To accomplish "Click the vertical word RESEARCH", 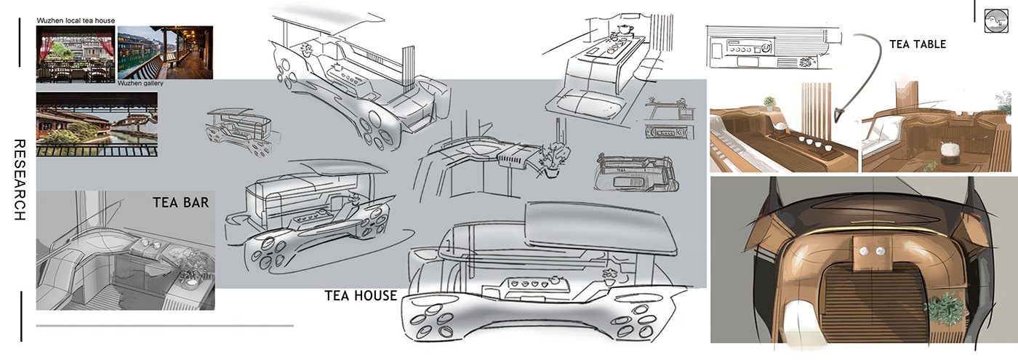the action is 20,180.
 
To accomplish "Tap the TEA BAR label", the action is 181,202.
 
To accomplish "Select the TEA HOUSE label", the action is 361,295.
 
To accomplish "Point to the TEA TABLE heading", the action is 918,44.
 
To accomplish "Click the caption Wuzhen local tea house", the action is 76,21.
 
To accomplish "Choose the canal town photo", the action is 97,124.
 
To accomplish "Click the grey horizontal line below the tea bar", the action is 164,326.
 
